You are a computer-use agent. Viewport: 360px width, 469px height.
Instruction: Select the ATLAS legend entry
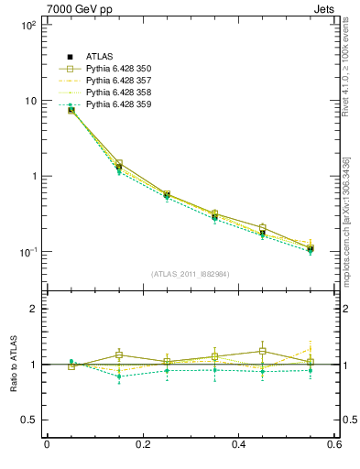tap(102, 57)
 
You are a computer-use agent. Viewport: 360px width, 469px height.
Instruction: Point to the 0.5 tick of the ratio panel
tap(28, 420)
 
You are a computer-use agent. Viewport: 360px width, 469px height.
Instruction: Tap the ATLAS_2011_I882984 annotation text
tap(191, 274)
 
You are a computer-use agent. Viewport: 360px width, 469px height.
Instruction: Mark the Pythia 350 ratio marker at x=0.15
tap(119, 354)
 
